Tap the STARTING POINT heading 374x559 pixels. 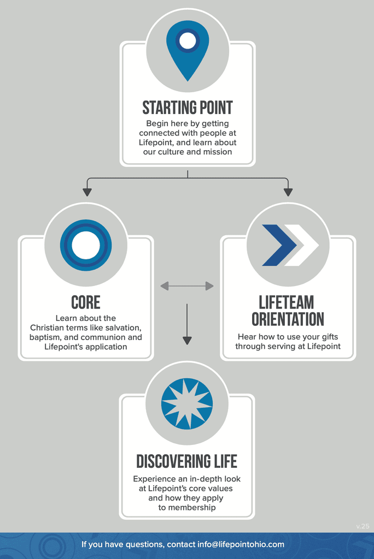click(188, 108)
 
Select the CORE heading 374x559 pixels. click(86, 302)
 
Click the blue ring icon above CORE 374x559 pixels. click(86, 245)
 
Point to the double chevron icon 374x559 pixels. click(288, 245)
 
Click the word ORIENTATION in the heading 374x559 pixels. click(288, 319)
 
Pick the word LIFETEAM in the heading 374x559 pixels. click(287, 302)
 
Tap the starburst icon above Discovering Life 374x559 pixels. click(187, 403)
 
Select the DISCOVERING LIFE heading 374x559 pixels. click(187, 461)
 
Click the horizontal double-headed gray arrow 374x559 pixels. click(187, 286)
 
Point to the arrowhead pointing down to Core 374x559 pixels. click(87, 192)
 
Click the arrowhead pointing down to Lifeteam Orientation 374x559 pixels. click(288, 192)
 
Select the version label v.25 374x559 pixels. click(363, 526)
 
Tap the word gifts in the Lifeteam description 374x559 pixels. click(327, 337)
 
